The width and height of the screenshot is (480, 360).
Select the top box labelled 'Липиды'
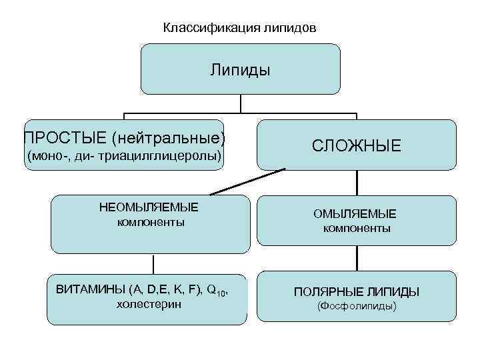tap(240, 69)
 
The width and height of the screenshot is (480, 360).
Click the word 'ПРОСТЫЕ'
tap(64, 138)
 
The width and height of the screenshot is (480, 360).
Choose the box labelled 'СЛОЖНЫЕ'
tap(357, 145)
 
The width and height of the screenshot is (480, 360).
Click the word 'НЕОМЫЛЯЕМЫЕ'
tap(149, 207)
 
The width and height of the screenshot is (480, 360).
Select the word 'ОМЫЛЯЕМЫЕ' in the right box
tap(355, 214)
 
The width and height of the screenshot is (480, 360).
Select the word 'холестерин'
tap(149, 305)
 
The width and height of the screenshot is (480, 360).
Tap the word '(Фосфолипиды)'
tap(357, 307)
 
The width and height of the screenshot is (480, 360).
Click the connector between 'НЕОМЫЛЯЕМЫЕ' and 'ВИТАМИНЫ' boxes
tap(153, 263)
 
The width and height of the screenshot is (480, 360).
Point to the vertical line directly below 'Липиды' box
tap(240, 103)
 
